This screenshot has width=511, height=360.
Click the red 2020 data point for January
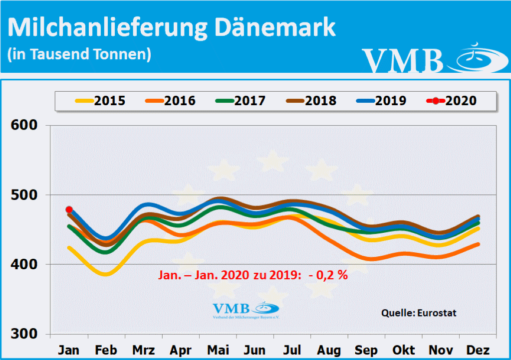coord(69,210)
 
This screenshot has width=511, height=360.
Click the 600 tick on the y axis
coord(24,125)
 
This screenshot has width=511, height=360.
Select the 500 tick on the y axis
coord(24,194)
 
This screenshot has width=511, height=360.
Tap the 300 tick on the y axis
coord(24,334)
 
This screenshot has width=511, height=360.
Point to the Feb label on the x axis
coord(106,350)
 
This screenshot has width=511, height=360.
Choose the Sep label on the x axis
coord(366,350)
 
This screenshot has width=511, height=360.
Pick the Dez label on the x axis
coord(478,350)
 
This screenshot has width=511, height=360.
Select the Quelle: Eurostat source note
coord(419,313)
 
